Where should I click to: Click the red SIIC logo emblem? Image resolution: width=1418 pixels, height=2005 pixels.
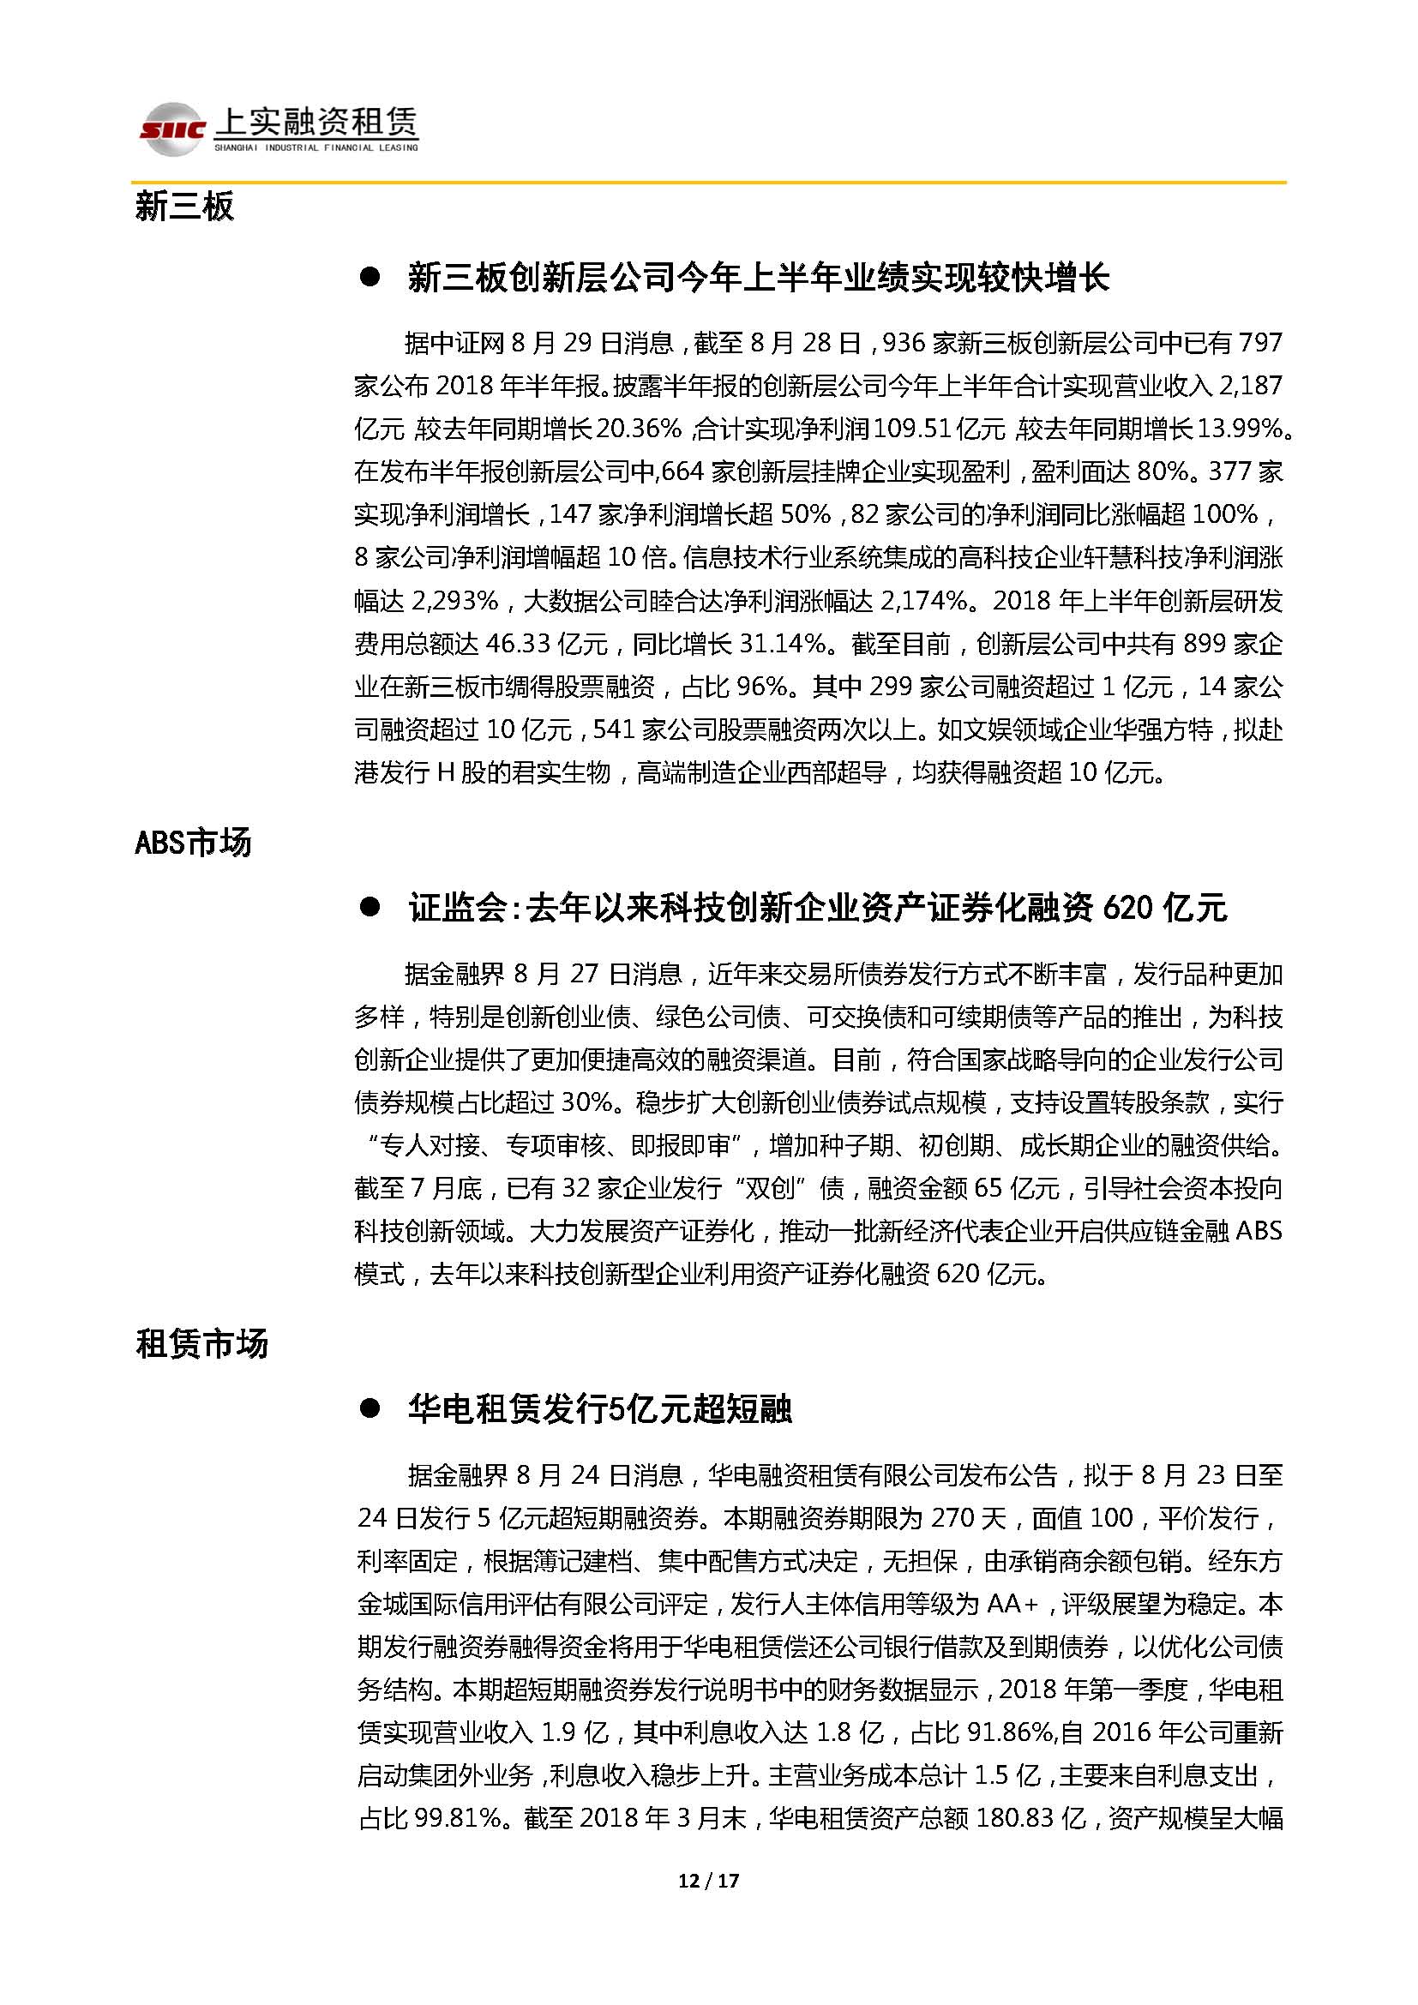click(172, 129)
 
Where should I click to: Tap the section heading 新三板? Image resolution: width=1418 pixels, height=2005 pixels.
click(184, 207)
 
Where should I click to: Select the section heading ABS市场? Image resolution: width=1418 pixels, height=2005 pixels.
click(193, 843)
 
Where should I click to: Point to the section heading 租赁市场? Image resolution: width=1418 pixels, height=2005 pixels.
click(201, 1343)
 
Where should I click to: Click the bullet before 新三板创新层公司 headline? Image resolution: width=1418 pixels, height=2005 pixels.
click(370, 278)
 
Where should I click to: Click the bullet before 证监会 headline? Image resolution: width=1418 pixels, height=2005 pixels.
click(370, 907)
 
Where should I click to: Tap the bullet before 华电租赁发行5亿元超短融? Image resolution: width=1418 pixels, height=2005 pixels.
click(370, 1408)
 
